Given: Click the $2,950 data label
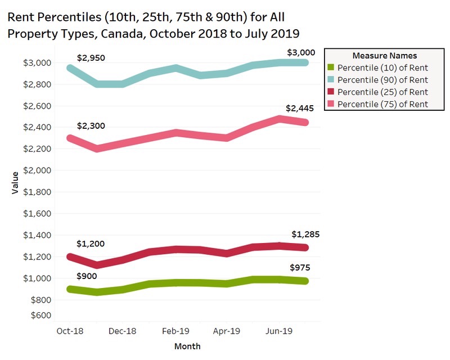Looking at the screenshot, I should coord(91,58).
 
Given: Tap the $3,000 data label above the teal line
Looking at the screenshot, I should coord(301,53).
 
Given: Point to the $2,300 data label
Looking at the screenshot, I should coord(91,126).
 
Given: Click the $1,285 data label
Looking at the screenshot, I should coord(305,234).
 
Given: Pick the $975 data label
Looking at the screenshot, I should coord(301,267).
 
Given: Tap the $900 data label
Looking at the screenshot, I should coord(87,276).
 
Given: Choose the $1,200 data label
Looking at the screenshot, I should coord(91,244).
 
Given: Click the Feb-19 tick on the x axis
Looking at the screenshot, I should coord(176,331).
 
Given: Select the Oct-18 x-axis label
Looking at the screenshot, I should coord(70,331).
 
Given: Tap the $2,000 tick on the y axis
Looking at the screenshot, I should coord(38,170).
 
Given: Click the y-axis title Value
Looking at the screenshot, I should coord(15,183).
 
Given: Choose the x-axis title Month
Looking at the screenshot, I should coord(187,346).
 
